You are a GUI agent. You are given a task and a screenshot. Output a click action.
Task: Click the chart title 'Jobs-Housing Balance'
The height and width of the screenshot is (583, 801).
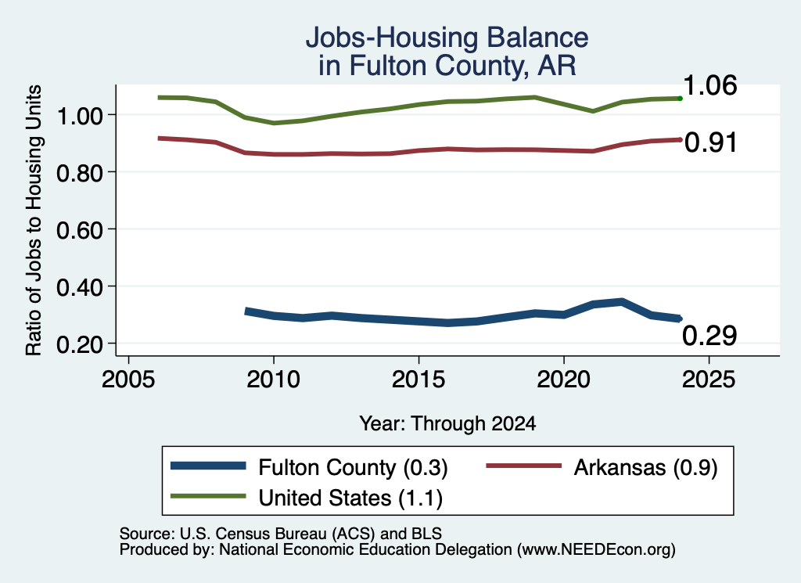447,38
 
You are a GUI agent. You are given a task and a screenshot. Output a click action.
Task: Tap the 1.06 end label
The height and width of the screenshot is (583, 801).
709,85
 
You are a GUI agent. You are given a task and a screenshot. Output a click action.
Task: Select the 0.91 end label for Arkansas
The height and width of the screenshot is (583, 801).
710,142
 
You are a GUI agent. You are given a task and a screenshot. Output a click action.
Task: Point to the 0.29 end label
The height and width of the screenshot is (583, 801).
709,336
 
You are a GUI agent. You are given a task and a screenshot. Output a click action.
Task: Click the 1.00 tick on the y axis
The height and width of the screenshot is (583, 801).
79,116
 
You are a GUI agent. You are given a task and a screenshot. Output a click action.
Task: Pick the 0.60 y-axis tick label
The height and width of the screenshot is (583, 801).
79,230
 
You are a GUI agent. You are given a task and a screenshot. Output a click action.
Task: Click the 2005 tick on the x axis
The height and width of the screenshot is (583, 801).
129,380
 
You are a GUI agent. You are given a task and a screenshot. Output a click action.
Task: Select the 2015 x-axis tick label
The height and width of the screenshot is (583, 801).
418,380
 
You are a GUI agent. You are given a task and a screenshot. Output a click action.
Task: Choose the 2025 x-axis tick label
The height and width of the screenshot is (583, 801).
709,380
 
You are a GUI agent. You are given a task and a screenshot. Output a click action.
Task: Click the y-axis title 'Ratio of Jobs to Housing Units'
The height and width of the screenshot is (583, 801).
34,220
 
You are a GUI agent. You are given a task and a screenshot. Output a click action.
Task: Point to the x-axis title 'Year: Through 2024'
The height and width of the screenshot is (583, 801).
447,423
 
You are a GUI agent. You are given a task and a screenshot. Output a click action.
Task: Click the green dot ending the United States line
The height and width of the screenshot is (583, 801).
680,98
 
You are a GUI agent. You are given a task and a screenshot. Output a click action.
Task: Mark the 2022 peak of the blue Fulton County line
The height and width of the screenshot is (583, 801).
622,302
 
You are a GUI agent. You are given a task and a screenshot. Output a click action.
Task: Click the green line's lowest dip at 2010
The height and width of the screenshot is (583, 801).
274,123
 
